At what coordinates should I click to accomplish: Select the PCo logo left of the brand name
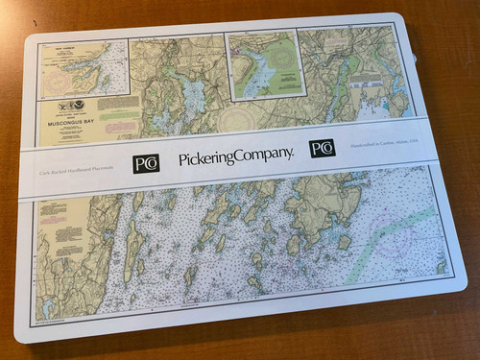(x=145, y=162)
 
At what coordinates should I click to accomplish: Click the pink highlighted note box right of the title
(x=118, y=127)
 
